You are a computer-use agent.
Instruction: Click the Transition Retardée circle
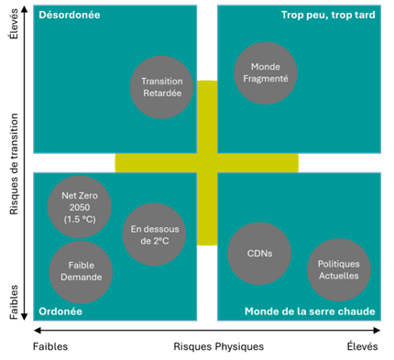pos(162,87)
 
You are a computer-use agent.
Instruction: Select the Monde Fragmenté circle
pos(266,73)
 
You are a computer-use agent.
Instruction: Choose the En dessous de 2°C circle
pos(154,235)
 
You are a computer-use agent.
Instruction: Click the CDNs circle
pos(258,254)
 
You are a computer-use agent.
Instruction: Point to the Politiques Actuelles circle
pos(339,269)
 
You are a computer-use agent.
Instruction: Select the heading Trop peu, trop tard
pos(327,16)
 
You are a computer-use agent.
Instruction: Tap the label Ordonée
pos(60,311)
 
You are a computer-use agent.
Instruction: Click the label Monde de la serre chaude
pos(310,311)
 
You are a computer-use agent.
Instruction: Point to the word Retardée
pos(162,93)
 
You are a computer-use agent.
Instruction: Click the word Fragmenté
pos(266,80)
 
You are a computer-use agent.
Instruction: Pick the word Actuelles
pos(339,276)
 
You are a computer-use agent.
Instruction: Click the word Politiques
pos(339,264)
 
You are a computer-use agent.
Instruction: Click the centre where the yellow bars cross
pos(207,162)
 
